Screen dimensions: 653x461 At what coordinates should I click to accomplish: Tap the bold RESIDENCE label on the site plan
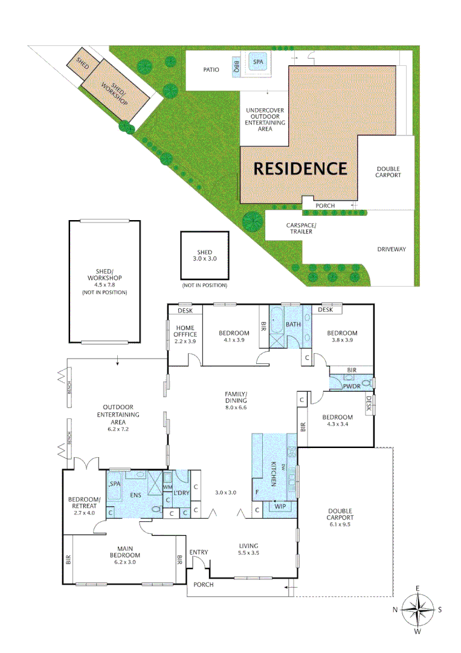[x=300, y=168]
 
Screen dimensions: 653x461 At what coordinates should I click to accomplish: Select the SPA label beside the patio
[x=258, y=62]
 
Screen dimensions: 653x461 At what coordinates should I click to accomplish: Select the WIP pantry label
[x=280, y=505]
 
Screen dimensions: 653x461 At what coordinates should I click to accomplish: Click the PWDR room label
[x=351, y=385]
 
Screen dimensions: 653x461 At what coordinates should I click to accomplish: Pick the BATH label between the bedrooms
[x=293, y=325]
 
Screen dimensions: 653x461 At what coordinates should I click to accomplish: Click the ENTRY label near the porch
[x=198, y=553]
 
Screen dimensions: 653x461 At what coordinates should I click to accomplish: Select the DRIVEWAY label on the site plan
[x=392, y=249]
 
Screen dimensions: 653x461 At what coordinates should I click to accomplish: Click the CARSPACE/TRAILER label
[x=299, y=228]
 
